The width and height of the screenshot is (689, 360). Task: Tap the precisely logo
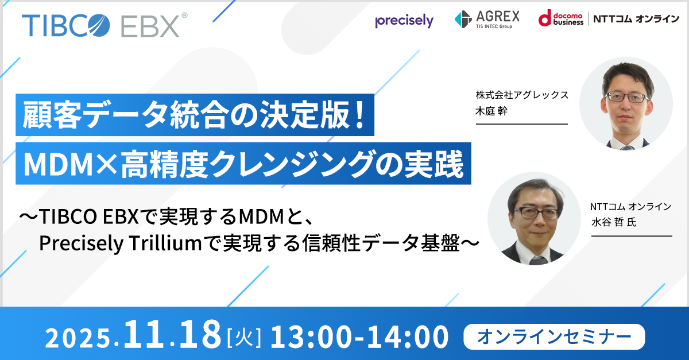point(404,21)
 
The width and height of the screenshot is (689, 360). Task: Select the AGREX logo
point(487,19)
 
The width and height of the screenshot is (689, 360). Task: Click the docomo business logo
point(559,19)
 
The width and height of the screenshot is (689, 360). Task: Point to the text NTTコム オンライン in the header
point(634,20)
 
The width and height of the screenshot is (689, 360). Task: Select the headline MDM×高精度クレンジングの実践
point(243,163)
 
